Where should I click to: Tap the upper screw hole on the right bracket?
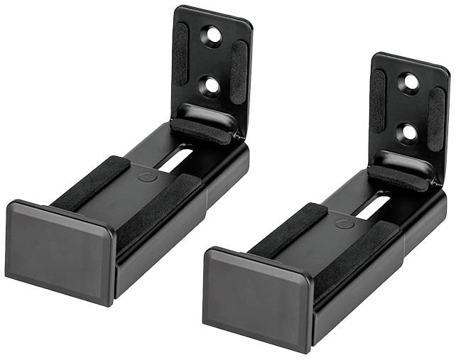(x=411, y=82)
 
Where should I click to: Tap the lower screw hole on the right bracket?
(x=408, y=132)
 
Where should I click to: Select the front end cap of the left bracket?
(x=58, y=250)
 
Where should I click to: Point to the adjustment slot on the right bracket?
(x=374, y=206)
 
